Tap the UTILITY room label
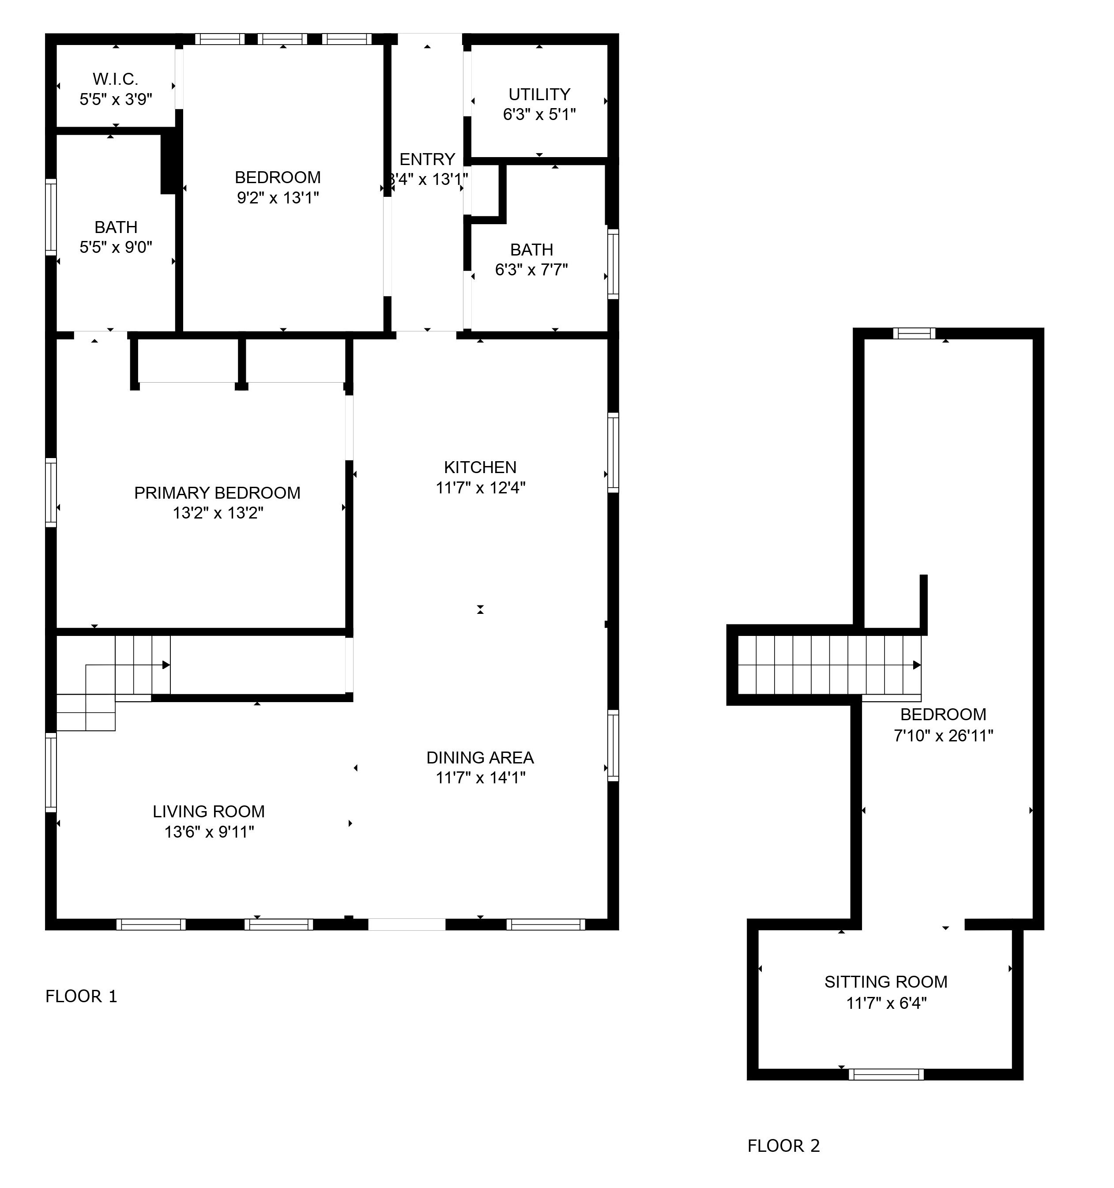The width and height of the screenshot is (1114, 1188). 539,94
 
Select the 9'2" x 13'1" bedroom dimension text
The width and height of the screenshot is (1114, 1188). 278,197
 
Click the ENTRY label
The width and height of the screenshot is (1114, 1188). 427,159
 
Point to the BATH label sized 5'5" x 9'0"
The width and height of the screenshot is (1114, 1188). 116,227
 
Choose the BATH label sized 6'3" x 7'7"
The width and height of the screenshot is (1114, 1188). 531,250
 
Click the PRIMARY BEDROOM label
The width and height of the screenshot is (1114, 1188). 217,492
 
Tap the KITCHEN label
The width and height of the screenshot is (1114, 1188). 480,467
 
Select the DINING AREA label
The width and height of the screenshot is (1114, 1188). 480,757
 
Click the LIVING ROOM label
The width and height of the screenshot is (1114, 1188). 209,811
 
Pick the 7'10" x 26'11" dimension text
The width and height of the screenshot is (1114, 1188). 943,736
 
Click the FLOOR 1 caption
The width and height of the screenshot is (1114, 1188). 81,996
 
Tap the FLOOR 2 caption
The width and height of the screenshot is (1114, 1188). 783,1146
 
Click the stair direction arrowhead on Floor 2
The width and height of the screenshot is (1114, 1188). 917,665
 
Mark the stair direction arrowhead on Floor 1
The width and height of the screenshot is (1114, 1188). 166,665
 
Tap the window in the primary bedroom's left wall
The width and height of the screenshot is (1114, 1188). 51,492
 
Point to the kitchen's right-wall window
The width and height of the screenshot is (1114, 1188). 613,452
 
